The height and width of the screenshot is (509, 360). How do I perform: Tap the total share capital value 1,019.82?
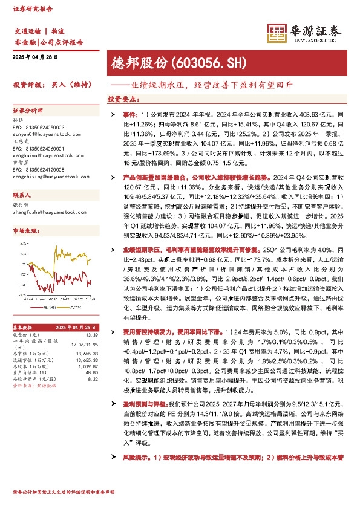(x=87, y=366)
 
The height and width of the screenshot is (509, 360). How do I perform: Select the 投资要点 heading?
(x=122, y=99)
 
